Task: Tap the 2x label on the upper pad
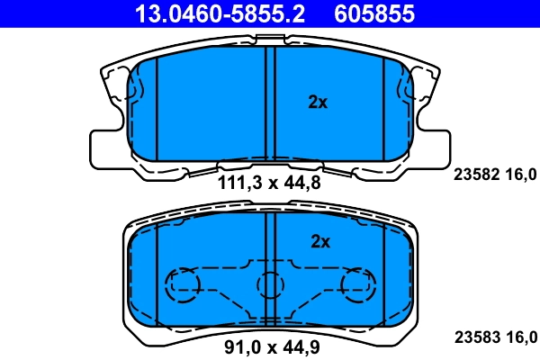pyautogui.click(x=318, y=103)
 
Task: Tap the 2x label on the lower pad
pyautogui.click(x=320, y=241)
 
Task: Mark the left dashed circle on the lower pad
pyautogui.click(x=184, y=285)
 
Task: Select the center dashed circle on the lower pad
pyautogui.click(x=271, y=285)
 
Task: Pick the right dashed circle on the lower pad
pyautogui.click(x=356, y=285)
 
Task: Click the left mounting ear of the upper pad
pyautogui.click(x=106, y=146)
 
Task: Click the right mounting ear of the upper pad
pyautogui.click(x=433, y=146)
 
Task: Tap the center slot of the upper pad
pyautogui.click(x=270, y=103)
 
